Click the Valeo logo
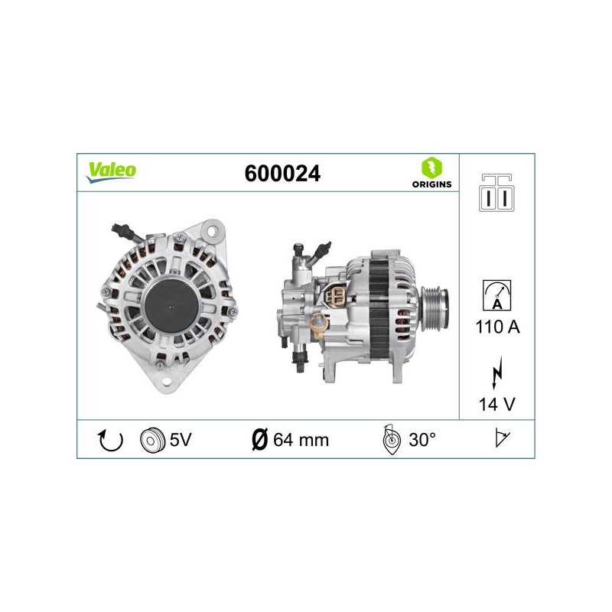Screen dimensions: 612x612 pos(111,171)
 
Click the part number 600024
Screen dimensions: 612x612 pos(282,174)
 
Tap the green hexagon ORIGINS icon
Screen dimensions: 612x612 pos(431,168)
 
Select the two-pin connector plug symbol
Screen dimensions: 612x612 pos(496,193)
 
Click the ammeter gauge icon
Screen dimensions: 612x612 pos(496,295)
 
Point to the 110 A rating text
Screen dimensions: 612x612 pos(497,327)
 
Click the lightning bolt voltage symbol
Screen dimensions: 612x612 pos(496,372)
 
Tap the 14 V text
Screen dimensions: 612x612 pos(496,404)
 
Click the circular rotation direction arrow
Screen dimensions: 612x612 pos(110,440)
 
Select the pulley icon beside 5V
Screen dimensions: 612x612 pos(151,440)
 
